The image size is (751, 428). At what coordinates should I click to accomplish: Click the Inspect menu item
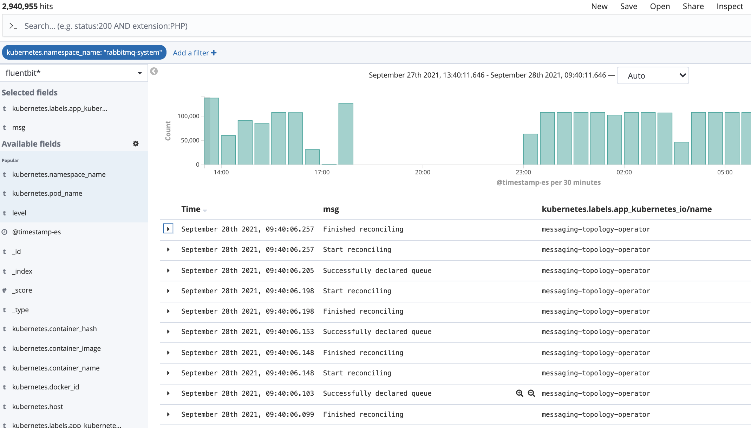point(730,6)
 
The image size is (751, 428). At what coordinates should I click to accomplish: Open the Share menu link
point(693,6)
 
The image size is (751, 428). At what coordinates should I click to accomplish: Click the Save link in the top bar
point(628,6)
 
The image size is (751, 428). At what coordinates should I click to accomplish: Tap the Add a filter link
point(195,53)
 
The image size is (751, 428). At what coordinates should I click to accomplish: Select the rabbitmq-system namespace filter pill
point(84,52)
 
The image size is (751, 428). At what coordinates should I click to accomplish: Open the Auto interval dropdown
point(653,75)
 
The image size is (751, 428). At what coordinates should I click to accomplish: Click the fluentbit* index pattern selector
point(73,73)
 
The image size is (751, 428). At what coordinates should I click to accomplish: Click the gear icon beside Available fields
point(136,143)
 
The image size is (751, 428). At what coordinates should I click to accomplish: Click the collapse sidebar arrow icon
point(154,71)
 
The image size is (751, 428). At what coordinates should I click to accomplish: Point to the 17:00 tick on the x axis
point(322,172)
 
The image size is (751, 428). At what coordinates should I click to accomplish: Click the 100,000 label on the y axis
point(188,116)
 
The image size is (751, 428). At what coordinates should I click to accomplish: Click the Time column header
point(191,209)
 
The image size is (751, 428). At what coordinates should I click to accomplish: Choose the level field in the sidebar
point(19,213)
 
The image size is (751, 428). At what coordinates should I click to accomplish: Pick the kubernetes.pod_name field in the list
point(47,193)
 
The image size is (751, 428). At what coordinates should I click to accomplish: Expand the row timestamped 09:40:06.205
point(168,270)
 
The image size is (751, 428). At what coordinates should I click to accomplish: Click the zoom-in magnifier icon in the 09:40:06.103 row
point(520,393)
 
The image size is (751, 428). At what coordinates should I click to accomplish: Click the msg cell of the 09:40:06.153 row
point(377,332)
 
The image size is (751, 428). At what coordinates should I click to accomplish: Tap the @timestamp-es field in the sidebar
point(36,232)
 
